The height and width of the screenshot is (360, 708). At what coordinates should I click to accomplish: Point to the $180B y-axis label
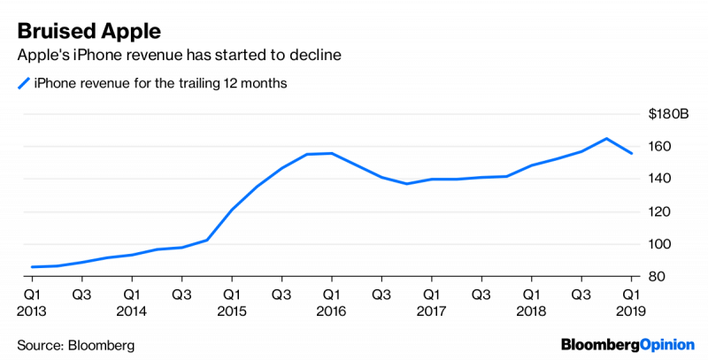(x=670, y=113)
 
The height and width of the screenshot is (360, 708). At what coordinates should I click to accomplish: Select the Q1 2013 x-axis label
(x=31, y=302)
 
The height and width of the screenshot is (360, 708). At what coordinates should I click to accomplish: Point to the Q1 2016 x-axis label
(x=330, y=302)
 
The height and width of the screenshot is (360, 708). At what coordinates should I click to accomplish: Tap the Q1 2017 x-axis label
(x=431, y=302)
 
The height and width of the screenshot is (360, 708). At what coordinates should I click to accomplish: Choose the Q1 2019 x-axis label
(x=631, y=302)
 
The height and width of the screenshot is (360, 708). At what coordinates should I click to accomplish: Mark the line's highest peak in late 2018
(x=606, y=138)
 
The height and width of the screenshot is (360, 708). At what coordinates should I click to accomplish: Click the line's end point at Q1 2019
(x=631, y=154)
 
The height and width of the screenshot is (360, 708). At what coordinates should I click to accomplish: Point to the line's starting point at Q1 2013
(x=32, y=266)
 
